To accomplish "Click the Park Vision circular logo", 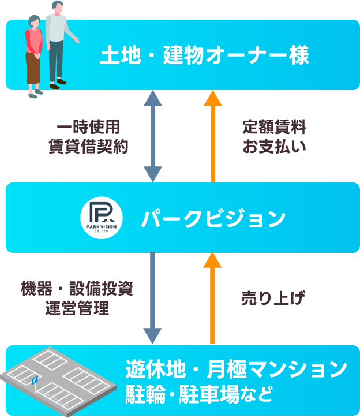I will point(99,218).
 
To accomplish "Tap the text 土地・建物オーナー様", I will point(205,56).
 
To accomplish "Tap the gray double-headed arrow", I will point(153,136).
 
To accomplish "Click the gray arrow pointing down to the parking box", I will point(152,298).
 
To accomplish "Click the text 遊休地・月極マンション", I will point(236,368).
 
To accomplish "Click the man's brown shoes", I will point(58,84).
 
